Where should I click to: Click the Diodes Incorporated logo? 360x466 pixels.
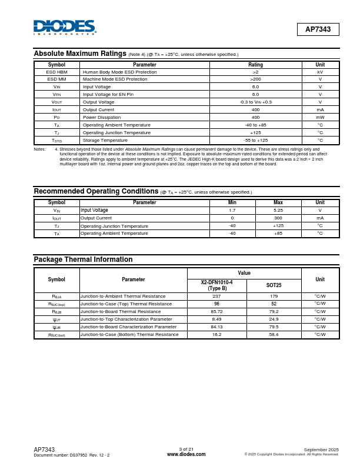point(65,27)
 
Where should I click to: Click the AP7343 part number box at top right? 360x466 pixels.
point(318,29)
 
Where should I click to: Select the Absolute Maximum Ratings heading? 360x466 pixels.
point(80,54)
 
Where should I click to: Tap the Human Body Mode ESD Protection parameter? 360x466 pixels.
point(119,72)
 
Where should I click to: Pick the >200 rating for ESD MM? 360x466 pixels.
point(255,79)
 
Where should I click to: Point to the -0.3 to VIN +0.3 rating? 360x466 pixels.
point(255,102)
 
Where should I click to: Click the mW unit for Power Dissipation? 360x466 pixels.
point(320,117)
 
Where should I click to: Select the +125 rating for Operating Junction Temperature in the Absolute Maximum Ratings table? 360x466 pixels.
point(255,132)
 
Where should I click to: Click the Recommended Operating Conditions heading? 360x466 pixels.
point(96,191)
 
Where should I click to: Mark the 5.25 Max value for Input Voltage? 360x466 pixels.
point(278,210)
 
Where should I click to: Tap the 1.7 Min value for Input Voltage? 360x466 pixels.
point(232,210)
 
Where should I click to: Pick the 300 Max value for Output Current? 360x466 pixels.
point(278,218)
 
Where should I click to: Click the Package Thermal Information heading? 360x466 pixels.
point(83,259)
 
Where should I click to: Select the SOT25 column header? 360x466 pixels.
point(274,285)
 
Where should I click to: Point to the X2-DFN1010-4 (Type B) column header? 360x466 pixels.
point(216,285)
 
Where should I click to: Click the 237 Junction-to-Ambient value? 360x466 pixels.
point(216,297)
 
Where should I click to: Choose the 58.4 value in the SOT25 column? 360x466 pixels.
point(274,334)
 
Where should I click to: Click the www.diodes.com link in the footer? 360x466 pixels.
point(186,454)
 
